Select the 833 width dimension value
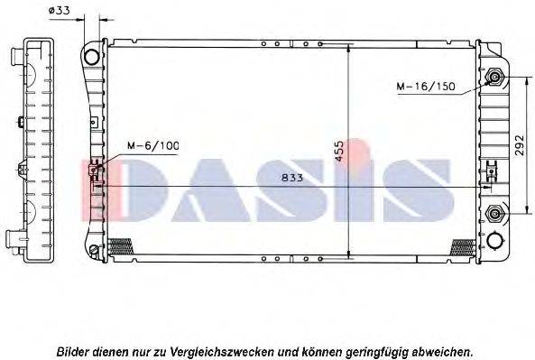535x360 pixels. pos(291,178)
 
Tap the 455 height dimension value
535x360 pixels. pos(339,151)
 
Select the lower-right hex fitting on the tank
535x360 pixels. pos(493,214)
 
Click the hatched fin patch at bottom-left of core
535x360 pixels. pos(120,245)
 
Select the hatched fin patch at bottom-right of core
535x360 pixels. pos(462,245)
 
